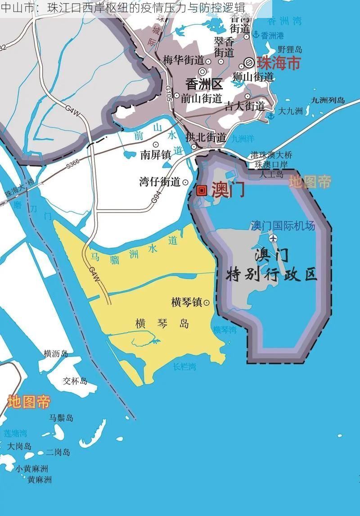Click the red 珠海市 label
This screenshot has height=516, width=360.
278,63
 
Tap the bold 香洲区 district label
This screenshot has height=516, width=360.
204,84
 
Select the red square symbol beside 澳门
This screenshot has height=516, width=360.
202,190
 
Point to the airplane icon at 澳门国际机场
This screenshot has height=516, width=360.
273,238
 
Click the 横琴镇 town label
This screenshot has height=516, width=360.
187,302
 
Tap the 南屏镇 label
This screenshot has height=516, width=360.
155,155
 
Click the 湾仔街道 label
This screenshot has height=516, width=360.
160,182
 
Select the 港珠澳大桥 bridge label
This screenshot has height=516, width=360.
271,155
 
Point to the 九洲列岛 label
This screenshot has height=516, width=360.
328,100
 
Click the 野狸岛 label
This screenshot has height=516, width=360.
290,50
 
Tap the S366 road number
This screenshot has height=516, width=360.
72,165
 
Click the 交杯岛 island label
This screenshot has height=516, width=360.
75,381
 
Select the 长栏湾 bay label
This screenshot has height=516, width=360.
184,367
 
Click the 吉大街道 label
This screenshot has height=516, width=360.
244,106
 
